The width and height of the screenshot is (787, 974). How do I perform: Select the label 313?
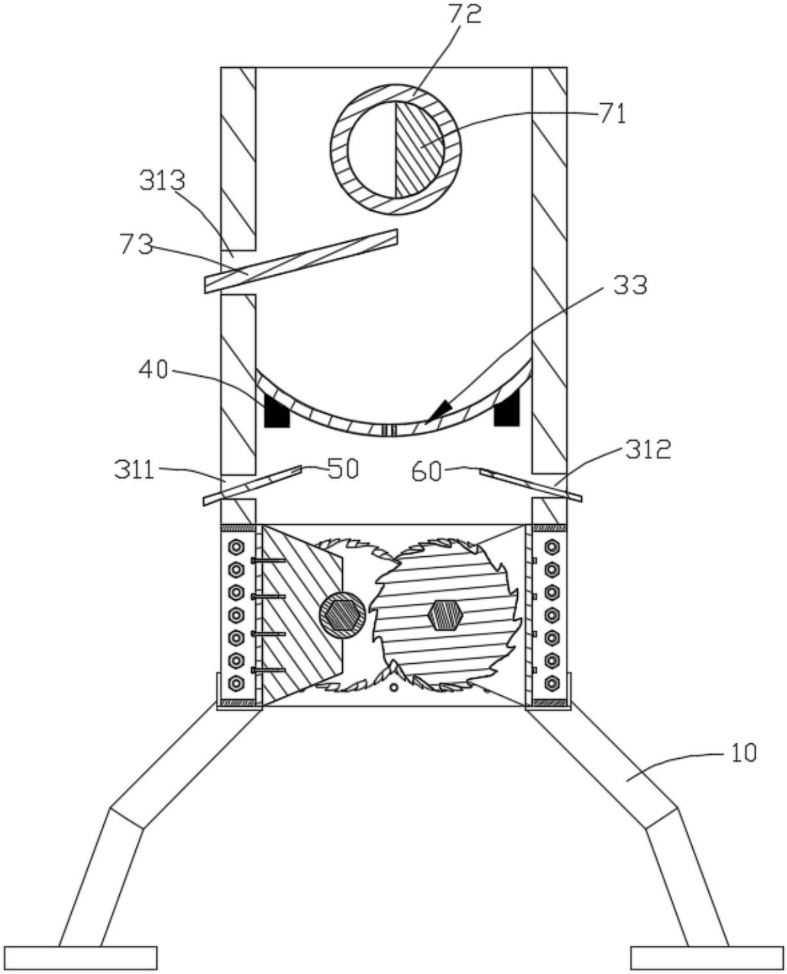(163, 181)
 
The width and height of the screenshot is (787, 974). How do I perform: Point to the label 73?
(136, 244)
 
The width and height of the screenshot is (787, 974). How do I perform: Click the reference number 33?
(630, 286)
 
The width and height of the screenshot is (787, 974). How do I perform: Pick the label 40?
(154, 370)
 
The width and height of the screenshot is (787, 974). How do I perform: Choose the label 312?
(647, 449)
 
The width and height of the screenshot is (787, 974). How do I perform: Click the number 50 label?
(343, 468)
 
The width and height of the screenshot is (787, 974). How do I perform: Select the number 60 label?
(427, 472)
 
